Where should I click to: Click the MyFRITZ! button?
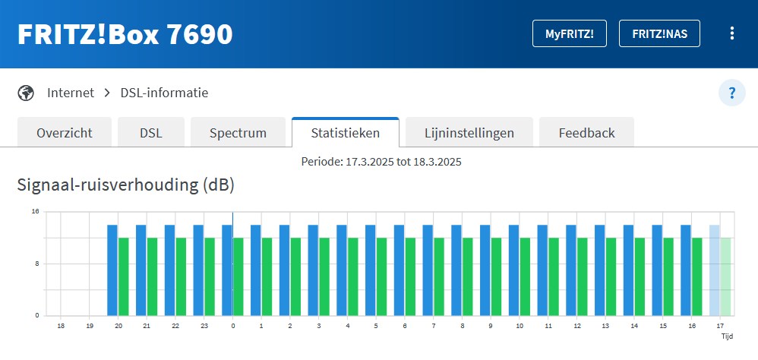[x=570, y=33]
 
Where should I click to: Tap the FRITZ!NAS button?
[x=659, y=33]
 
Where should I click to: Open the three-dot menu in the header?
[x=732, y=33]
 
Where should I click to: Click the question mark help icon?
[x=732, y=93]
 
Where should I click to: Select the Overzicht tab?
[x=65, y=133]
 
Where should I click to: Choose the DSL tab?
[x=151, y=133]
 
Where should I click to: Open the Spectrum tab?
[x=238, y=133]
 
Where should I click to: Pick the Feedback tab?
[x=586, y=133]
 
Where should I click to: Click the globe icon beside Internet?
[x=27, y=93]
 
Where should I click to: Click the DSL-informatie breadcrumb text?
[x=164, y=93]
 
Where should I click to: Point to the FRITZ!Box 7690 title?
[x=125, y=34]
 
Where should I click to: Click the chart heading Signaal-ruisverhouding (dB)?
[x=125, y=185]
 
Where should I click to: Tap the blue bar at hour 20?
[x=112, y=270]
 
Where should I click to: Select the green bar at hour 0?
[x=238, y=276]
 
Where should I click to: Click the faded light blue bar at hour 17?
[x=714, y=270]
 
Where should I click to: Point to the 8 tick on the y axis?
[x=36, y=264]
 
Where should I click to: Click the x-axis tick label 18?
[x=61, y=325]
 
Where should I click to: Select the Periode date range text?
[x=381, y=162]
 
